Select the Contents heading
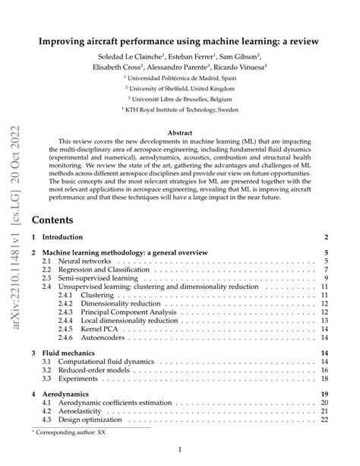[52, 220]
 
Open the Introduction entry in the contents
[66, 238]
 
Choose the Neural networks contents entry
[76, 261]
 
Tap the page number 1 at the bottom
[179, 450]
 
